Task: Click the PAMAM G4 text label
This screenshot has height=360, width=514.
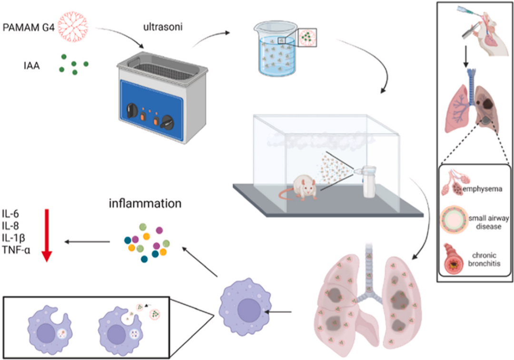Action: [x=28, y=22]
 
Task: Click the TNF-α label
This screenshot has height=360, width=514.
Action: [x=19, y=250]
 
